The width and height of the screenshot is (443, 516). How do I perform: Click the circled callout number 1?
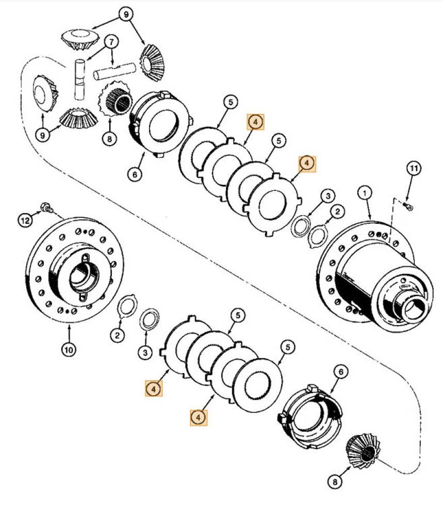tap(365, 193)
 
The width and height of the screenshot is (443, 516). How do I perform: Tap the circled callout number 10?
tap(69, 349)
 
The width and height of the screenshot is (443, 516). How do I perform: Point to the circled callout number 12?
tap(25, 221)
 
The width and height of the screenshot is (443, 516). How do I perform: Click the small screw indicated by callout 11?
tap(408, 206)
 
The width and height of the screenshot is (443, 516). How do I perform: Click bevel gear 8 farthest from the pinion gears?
tap(363, 450)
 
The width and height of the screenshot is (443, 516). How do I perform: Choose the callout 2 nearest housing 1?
tap(337, 211)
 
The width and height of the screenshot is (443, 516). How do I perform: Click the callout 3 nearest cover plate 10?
tap(145, 352)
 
